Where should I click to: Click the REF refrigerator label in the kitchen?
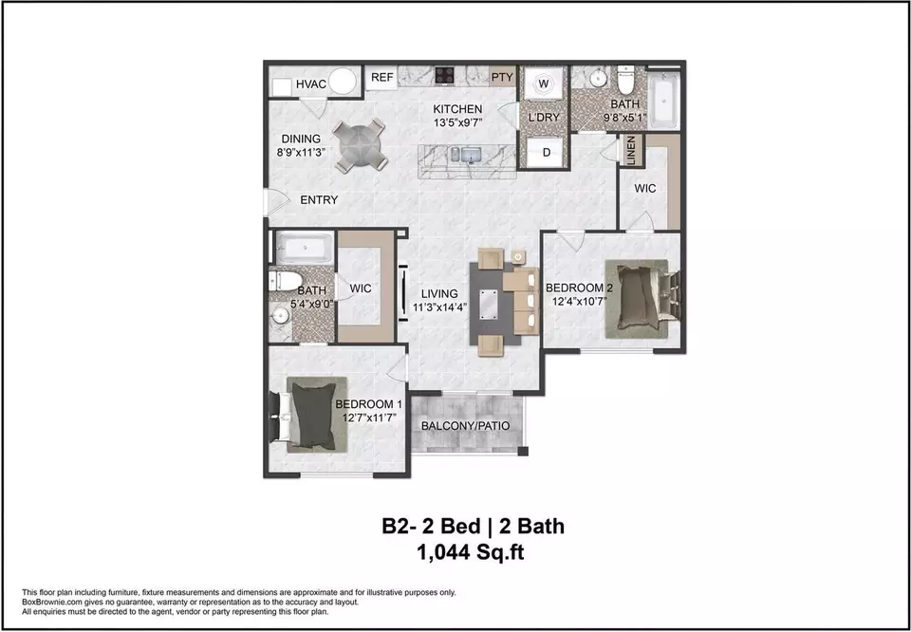[x=382, y=77]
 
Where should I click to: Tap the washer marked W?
[x=544, y=84]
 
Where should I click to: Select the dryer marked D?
[x=547, y=153]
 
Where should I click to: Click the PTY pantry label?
[x=502, y=77]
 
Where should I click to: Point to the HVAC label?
[x=311, y=84]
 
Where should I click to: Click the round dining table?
[x=360, y=144]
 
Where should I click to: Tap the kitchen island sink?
[x=470, y=155]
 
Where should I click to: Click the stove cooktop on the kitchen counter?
[x=445, y=76]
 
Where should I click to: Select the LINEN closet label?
[x=632, y=151]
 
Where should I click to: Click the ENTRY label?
[x=319, y=200]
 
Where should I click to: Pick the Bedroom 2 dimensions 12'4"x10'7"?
[x=579, y=302]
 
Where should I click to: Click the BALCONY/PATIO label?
[x=465, y=426]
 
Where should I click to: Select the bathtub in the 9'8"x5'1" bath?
[x=663, y=100]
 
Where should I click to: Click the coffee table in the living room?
[x=489, y=305]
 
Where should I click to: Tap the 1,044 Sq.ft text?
[x=471, y=552]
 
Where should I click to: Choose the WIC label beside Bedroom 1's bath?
[x=361, y=288]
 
